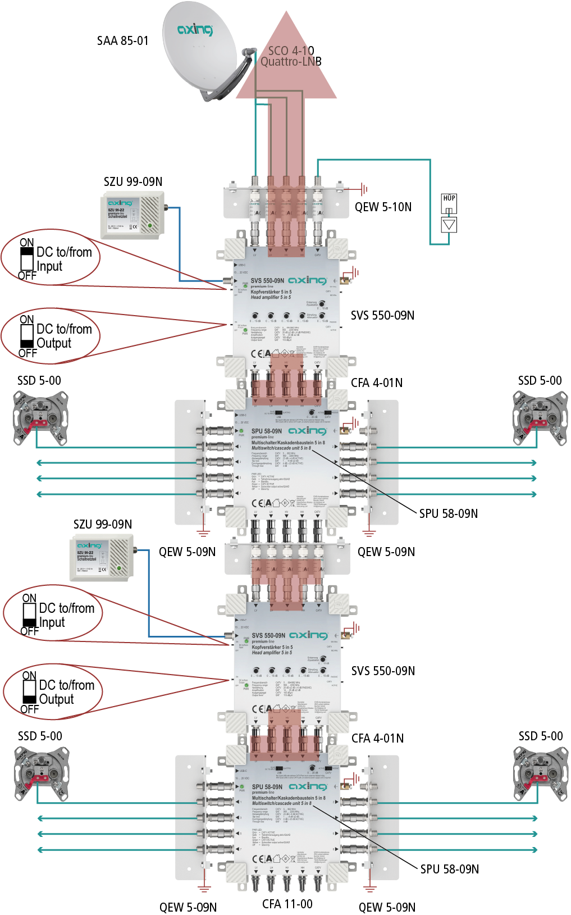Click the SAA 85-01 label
click(x=122, y=41)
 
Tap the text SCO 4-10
click(x=291, y=51)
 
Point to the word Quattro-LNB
click(x=291, y=62)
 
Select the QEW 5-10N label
click(x=383, y=207)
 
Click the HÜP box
click(x=449, y=203)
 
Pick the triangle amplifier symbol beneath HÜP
click(x=449, y=225)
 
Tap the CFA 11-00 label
click(x=287, y=904)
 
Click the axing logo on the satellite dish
click(x=195, y=29)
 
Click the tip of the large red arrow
click(x=287, y=13)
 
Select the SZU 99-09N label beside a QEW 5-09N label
click(x=103, y=524)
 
